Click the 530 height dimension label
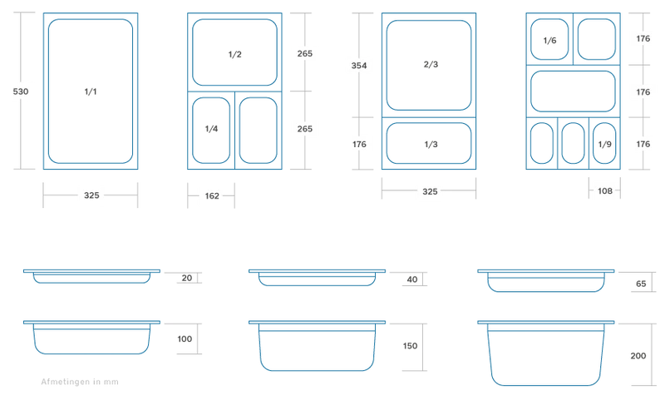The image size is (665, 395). pos(20,91)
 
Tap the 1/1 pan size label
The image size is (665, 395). pos(91,91)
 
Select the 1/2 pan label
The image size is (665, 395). pos(234,54)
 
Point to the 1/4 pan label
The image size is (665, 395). pos(211,129)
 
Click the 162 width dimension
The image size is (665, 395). pos(212,195)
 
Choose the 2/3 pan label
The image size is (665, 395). pos(431,64)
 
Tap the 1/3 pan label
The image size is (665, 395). pos(431,144)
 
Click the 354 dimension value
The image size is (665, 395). pos(359,66)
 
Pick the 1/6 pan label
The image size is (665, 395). pos(549,40)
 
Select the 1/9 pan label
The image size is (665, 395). pos(604,144)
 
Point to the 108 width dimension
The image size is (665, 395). pos(605,191)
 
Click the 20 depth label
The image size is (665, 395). pos(186,278)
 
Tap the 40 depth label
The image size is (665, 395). pos(411,279)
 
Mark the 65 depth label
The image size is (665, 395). pos(641,284)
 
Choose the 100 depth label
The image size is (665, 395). pos(185,338)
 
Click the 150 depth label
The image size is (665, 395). pos(410,346)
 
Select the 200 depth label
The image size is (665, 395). pos(638,356)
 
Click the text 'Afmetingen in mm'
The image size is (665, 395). pos(80,382)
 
